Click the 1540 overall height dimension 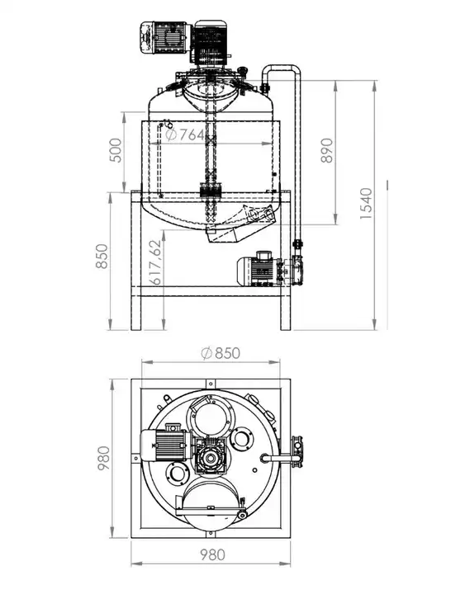tap(366, 203)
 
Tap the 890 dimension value tap(326, 150)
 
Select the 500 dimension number tap(116, 150)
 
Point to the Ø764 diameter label tap(186, 134)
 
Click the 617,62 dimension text tap(155, 262)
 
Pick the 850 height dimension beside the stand tap(102, 257)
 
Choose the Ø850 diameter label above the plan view tap(221, 353)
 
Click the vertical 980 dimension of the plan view tap(103, 458)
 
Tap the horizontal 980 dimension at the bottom tap(212, 555)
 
